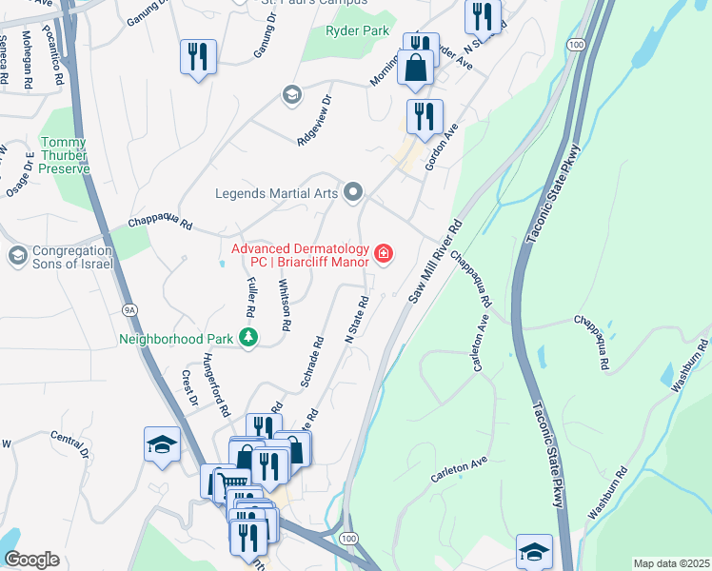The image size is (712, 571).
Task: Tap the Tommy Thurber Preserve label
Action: (x=64, y=155)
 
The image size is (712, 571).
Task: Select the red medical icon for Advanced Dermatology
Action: (x=384, y=252)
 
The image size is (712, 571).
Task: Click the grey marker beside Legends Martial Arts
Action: (x=353, y=193)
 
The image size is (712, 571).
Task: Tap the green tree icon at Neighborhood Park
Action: (x=248, y=337)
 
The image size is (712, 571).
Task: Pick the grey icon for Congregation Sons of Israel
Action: (x=17, y=255)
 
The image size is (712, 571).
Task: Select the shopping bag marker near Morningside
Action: (x=416, y=68)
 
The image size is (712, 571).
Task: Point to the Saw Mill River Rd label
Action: (x=435, y=263)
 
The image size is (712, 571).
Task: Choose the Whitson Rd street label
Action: (x=283, y=304)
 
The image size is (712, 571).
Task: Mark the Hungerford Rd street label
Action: (x=216, y=385)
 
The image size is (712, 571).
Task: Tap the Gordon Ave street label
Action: (x=443, y=147)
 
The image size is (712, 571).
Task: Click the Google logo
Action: (x=31, y=560)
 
